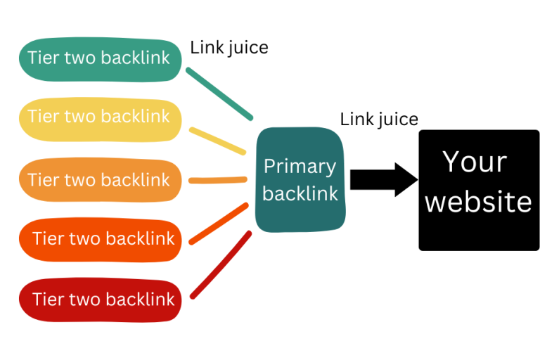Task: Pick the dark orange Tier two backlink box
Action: pos(102,240)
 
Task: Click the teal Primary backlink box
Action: pos(300,179)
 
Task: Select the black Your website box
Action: pos(479,190)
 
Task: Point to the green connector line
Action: pos(219,94)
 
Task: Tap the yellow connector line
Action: pos(217,140)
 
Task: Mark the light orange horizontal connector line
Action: pos(217,180)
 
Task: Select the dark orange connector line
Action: pos(219,224)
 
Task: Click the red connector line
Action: pos(221,264)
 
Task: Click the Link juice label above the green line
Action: pos(229,48)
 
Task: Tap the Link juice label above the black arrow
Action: pos(379,119)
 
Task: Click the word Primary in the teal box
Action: pos(300,167)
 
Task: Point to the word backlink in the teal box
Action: pos(300,193)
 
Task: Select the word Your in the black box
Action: pos(475,162)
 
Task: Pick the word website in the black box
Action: pos(479,202)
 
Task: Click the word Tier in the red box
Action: pos(48,300)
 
